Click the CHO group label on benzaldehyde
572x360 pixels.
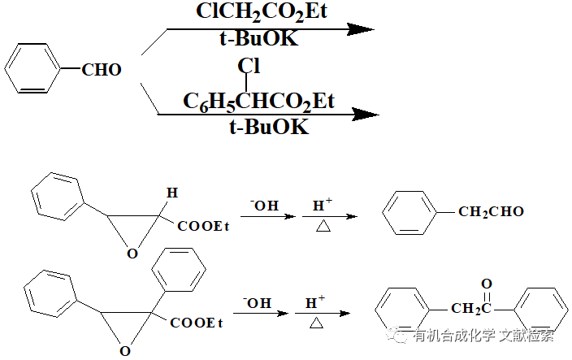[x=102, y=71]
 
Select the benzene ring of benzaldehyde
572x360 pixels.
[x=35, y=67]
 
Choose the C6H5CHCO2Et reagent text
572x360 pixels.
[x=258, y=102]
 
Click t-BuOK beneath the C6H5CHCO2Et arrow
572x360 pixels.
[x=268, y=128]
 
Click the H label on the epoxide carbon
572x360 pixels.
[x=171, y=193]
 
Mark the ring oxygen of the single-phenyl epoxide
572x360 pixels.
[x=132, y=254]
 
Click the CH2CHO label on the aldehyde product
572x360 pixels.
[x=491, y=213]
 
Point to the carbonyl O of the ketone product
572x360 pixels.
[x=486, y=284]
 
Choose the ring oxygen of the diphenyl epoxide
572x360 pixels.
[x=124, y=350]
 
